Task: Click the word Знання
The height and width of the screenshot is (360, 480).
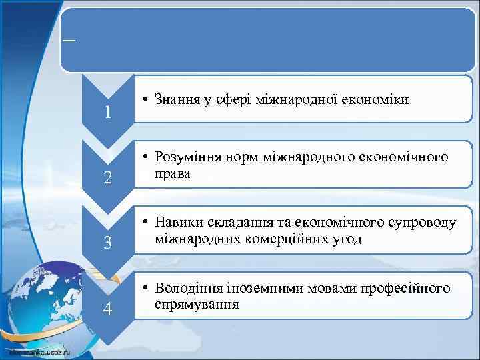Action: point(177,100)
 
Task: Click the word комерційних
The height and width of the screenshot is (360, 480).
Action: point(278,239)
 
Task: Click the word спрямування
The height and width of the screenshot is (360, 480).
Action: point(196,305)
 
